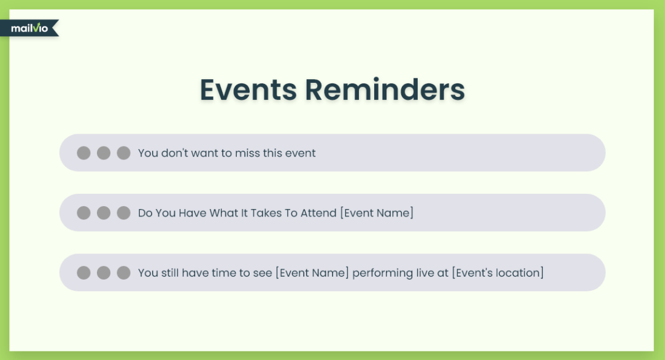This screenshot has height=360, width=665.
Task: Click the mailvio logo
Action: tap(29, 28)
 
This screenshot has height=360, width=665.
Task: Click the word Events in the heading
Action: tap(248, 90)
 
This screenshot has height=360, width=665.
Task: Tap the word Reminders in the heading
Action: tap(385, 90)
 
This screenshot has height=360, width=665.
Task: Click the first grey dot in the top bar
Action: tap(83, 153)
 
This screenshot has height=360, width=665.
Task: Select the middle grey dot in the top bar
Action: tap(104, 153)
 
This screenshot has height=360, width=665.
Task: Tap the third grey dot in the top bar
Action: tap(123, 153)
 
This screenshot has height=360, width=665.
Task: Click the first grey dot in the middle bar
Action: tap(83, 213)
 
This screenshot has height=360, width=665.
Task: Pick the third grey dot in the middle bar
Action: tap(123, 213)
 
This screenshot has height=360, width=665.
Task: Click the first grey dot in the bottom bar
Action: tap(83, 272)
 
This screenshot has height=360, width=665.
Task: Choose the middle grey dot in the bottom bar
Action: tap(104, 272)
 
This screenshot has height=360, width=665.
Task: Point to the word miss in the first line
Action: tap(247, 153)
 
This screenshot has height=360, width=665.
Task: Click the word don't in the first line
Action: tap(175, 153)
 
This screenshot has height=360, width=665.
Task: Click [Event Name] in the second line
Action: tap(377, 213)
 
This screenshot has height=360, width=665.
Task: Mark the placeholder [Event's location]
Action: tap(498, 273)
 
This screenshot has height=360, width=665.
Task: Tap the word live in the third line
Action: tap(425, 273)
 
